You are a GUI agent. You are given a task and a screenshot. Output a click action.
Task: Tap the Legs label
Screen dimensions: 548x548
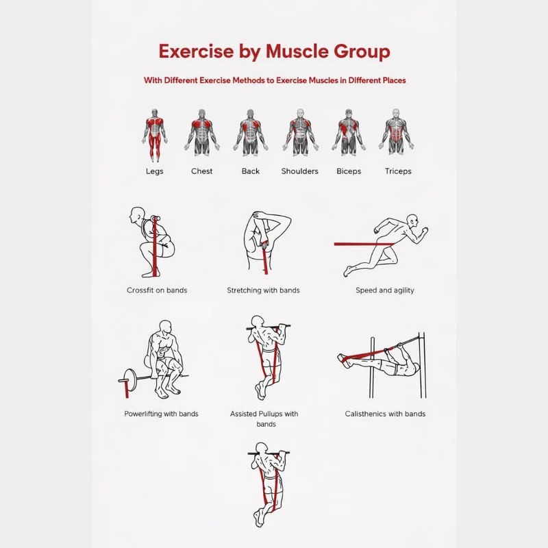155,171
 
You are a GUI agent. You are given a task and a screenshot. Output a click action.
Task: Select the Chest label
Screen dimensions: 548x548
201,171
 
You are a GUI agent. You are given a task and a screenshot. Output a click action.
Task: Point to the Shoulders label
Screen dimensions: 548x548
300,171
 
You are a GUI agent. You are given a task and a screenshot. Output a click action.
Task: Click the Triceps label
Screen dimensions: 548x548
398,171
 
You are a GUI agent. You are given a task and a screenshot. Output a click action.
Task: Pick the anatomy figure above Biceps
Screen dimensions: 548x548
349,132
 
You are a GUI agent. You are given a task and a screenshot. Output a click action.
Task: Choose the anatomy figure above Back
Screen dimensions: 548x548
251,132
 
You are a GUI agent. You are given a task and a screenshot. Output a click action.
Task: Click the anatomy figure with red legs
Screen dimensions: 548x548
155,135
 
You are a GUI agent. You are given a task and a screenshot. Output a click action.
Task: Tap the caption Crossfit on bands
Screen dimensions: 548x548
157,290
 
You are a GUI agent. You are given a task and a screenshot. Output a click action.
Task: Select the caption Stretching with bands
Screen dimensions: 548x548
263,290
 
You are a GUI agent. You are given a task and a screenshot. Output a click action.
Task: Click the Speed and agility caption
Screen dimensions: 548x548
385,290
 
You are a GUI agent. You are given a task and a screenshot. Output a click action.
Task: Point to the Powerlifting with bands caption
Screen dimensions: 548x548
161,414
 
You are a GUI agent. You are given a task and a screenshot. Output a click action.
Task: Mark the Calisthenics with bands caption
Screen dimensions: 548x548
385,414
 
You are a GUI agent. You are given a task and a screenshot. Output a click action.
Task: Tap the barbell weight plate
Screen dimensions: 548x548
130,380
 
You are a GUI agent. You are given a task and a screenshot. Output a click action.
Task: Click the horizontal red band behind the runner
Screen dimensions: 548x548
364,244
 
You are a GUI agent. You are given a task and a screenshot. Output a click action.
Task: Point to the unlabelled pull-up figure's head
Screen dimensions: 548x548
262,448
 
